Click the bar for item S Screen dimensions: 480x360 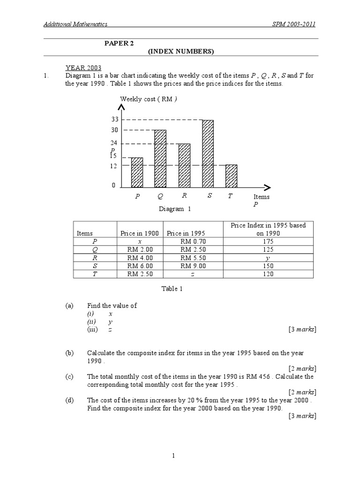[x=208, y=154]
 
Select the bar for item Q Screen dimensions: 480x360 [x=160, y=159]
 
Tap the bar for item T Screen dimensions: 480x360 [x=231, y=176]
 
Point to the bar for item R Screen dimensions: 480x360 [x=184, y=165]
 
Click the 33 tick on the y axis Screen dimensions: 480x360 [x=115, y=120]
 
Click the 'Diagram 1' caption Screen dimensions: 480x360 [x=175, y=209]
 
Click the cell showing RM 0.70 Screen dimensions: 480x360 [x=193, y=241]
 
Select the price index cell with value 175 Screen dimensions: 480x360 [x=269, y=241]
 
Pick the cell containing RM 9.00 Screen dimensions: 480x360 [x=193, y=266]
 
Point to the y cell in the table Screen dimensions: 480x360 [x=269, y=258]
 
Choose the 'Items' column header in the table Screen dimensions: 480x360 [x=85, y=233]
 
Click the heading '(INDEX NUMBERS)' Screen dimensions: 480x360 [x=181, y=51]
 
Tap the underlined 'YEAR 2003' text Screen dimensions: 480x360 [x=83, y=68]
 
